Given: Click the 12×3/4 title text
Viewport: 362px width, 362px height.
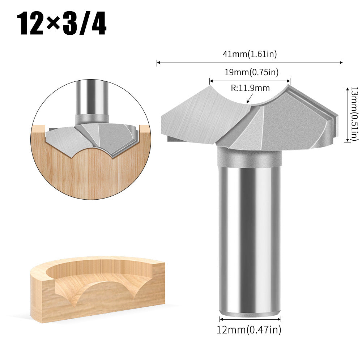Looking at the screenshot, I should (63, 24).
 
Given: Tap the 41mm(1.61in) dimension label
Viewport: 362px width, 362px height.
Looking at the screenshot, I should (250, 54).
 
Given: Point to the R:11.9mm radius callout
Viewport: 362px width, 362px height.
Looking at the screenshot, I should (250, 88).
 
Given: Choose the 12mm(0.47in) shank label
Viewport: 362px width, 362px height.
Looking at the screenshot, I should (249, 329).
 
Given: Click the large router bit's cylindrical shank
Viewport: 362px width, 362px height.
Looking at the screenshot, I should (250, 235).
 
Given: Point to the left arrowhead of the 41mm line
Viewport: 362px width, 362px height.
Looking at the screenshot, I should (158, 63).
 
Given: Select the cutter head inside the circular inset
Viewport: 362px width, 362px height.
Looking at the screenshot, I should (94, 137).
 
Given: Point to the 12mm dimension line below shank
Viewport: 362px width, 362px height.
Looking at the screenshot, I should (250, 319).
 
